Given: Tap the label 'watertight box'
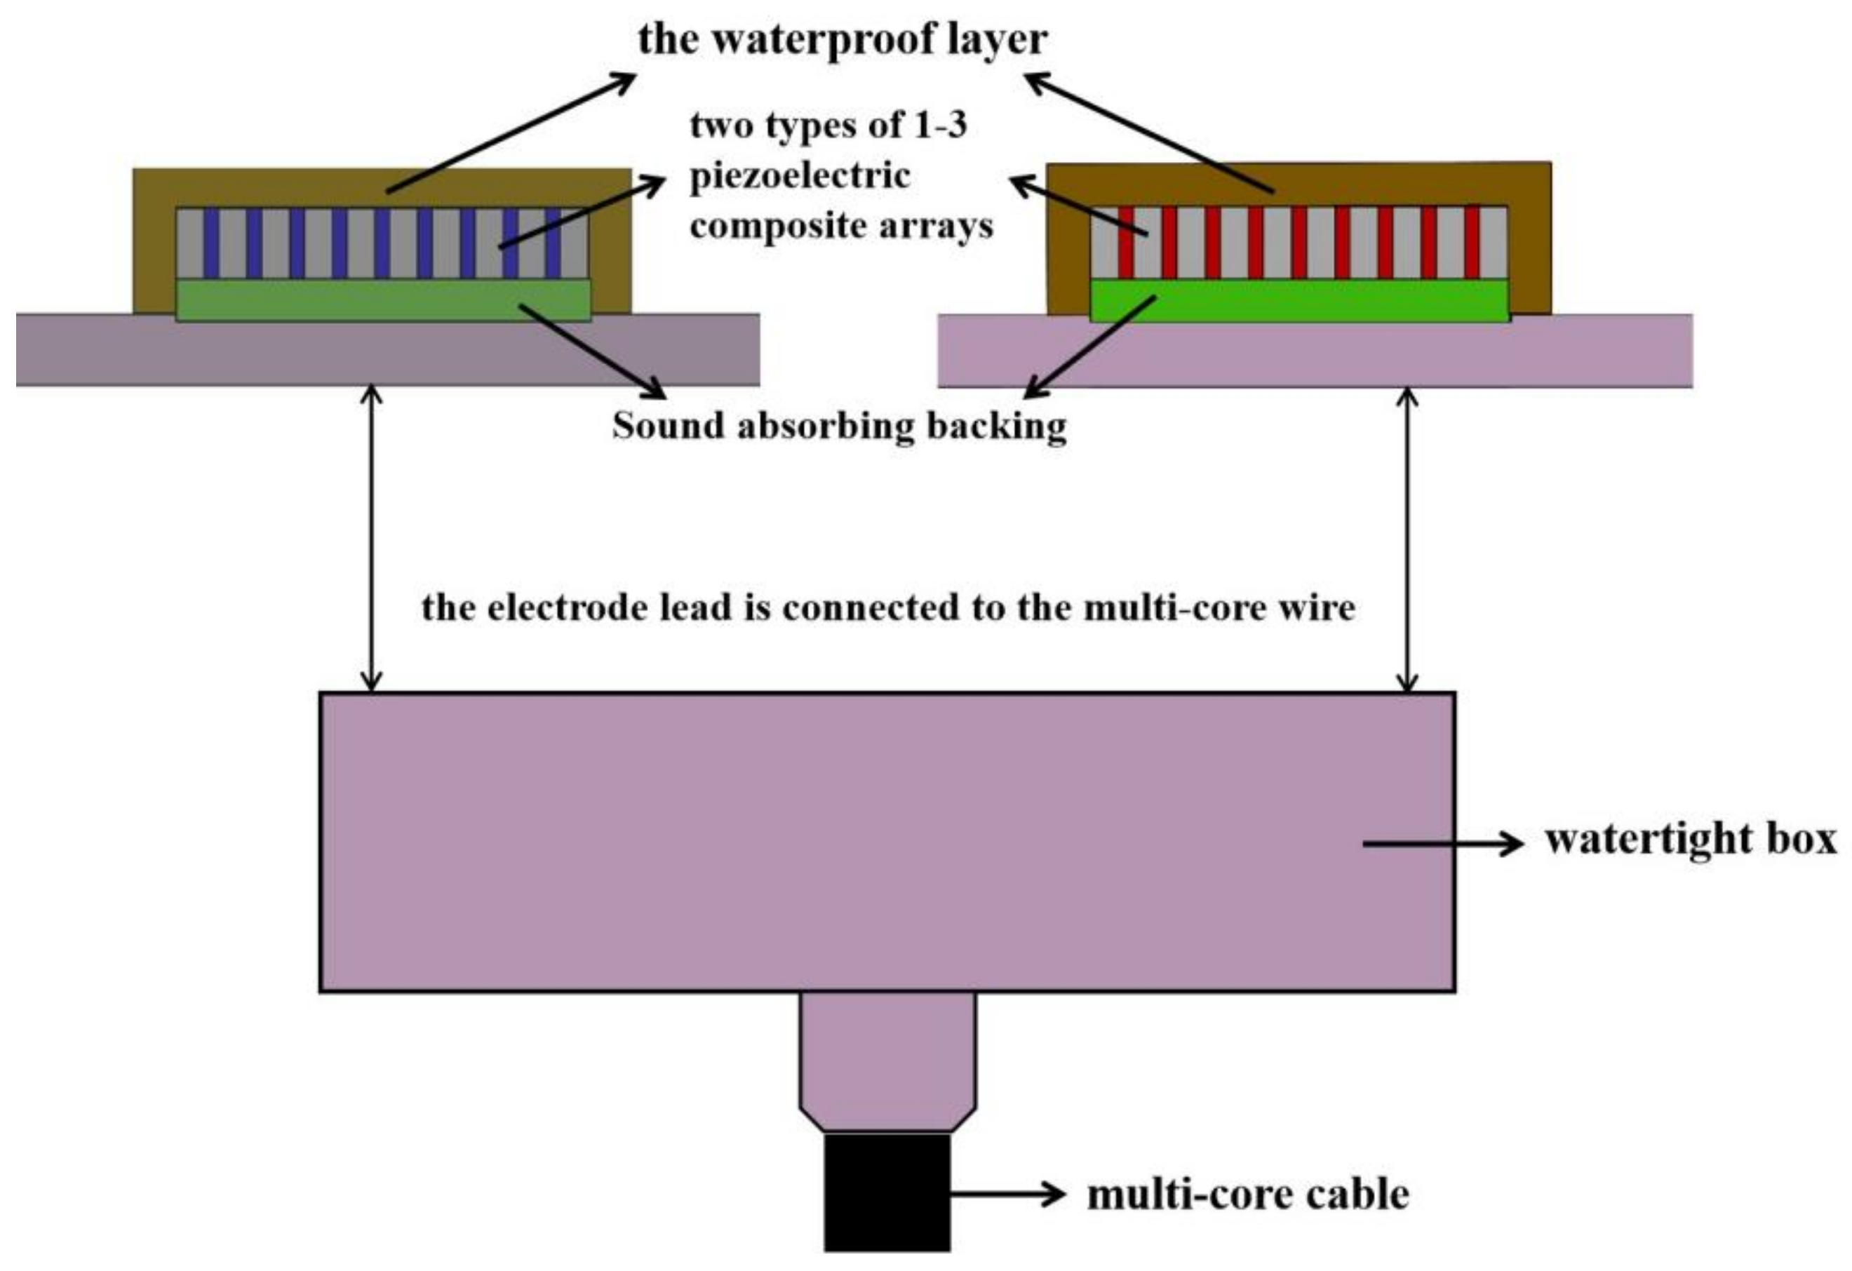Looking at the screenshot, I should [x=1690, y=840].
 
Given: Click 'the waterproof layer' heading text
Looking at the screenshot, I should [x=843, y=39].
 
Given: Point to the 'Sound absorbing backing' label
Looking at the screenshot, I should [x=839, y=426].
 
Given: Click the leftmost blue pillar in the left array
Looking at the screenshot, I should [x=211, y=243].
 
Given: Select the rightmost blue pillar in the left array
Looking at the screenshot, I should [x=553, y=243].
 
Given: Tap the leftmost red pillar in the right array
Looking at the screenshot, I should [x=1126, y=242].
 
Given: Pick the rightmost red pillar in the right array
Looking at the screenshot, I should [x=1472, y=242].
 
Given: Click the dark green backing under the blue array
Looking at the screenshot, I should [x=382, y=300].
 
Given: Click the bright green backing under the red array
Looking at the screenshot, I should [x=1299, y=300].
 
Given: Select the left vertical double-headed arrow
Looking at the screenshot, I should [x=371, y=539].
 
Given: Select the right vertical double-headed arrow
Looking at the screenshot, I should [x=1408, y=539].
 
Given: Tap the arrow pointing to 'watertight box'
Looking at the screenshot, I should [x=1442, y=842].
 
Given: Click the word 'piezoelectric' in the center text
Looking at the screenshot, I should [x=799, y=176].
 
